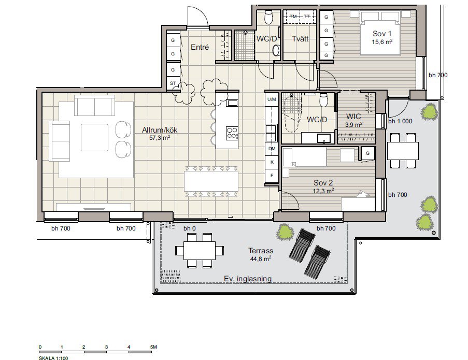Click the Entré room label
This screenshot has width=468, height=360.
pyautogui.click(x=200, y=47)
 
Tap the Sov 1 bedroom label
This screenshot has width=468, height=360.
pyautogui.click(x=382, y=34)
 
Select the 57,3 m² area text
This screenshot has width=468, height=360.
pyautogui.click(x=160, y=138)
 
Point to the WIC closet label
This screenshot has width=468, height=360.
pyautogui.click(x=353, y=117)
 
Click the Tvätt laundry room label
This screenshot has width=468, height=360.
pyautogui.click(x=300, y=39)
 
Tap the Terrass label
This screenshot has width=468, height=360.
pyautogui.click(x=261, y=251)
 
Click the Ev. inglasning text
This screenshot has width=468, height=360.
pyautogui.click(x=248, y=279)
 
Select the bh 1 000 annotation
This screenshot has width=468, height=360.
pyautogui.click(x=400, y=121)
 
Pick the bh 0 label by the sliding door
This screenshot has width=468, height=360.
pyautogui.click(x=190, y=228)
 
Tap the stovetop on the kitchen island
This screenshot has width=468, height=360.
pyautogui.click(x=232, y=133)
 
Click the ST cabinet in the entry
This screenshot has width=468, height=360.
pyautogui.click(x=173, y=83)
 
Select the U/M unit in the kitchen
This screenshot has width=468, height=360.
pyautogui.click(x=272, y=99)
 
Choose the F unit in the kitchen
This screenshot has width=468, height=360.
pyautogui.click(x=272, y=176)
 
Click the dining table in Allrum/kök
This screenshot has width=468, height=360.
pyautogui.click(x=211, y=181)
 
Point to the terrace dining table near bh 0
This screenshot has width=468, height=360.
pyautogui.click(x=200, y=251)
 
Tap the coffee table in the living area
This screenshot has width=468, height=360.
pyautogui.click(x=94, y=137)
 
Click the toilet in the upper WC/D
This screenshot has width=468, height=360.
pyautogui.click(x=268, y=17)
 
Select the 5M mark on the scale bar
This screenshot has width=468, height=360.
pyautogui.click(x=153, y=347)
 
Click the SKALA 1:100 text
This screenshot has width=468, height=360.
pyautogui.click(x=53, y=358)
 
